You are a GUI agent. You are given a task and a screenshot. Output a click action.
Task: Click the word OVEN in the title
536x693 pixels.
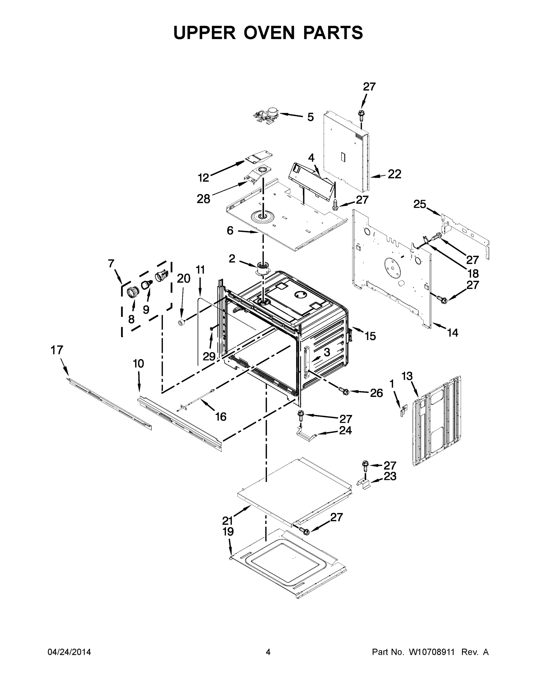(x=270, y=33)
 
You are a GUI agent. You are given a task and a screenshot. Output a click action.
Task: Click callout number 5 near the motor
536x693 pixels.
(x=310, y=117)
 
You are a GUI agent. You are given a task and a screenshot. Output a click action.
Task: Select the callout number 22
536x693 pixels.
(x=394, y=174)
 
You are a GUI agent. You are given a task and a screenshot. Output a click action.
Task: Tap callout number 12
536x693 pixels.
(x=203, y=178)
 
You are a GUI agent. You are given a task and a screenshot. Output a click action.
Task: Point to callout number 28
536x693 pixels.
(x=203, y=199)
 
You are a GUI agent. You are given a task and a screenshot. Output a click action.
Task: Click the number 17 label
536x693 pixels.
(x=57, y=350)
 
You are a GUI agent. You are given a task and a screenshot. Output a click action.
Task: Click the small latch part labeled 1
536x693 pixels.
(x=403, y=411)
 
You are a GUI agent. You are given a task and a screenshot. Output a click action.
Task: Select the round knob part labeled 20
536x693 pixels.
(x=182, y=323)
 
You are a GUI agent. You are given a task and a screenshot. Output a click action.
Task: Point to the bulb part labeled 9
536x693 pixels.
(x=146, y=284)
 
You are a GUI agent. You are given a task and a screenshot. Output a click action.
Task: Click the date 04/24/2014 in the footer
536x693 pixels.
(x=69, y=652)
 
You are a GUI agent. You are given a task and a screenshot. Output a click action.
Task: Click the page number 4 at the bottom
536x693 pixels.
(x=268, y=652)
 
